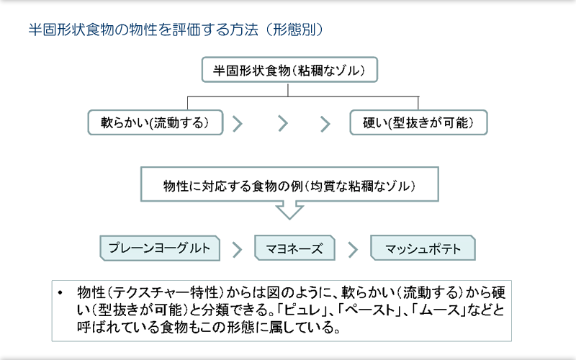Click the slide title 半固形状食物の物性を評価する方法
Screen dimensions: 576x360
click(x=143, y=30)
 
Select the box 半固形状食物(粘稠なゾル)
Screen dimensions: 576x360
click(x=289, y=69)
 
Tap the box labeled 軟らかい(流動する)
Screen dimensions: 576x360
click(x=156, y=122)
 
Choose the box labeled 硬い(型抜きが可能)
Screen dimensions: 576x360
click(x=418, y=122)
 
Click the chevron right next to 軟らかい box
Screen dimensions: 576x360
click(x=238, y=123)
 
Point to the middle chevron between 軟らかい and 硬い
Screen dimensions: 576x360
click(x=283, y=123)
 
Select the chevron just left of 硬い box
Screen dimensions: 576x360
click(x=325, y=124)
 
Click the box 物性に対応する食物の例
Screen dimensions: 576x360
click(x=289, y=184)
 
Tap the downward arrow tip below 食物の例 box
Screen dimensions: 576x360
click(x=289, y=219)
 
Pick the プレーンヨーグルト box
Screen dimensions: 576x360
click(x=160, y=248)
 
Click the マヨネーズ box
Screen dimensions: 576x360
click(x=294, y=248)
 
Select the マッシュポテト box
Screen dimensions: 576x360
click(x=423, y=248)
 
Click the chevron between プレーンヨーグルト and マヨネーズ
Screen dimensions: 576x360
click(x=238, y=250)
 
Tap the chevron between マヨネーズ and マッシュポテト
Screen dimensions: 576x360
click(x=353, y=249)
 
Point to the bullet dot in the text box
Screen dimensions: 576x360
click(x=60, y=293)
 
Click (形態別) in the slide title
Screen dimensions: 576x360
click(x=294, y=30)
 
